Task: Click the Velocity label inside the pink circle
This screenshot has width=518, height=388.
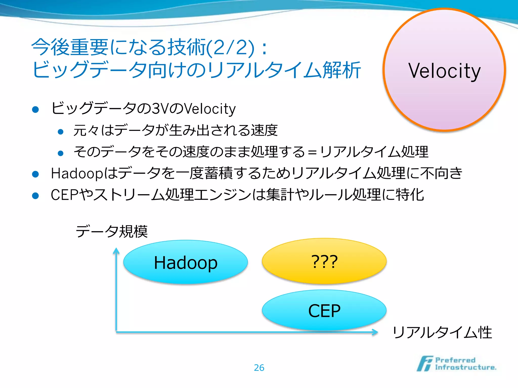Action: [444, 71]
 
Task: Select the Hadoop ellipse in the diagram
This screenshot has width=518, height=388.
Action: [185, 262]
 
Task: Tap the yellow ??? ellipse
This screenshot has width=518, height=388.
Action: [324, 261]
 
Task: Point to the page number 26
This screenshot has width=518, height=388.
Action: [259, 368]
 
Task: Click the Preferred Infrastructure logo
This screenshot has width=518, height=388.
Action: [457, 364]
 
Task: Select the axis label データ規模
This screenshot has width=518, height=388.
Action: [112, 231]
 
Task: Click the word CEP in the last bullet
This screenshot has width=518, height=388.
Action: [65, 195]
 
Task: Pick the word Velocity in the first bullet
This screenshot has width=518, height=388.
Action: [210, 109]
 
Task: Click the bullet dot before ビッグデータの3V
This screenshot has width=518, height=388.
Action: [35, 110]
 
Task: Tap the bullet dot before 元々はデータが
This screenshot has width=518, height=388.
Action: [60, 132]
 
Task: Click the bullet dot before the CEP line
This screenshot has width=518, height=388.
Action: [35, 196]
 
